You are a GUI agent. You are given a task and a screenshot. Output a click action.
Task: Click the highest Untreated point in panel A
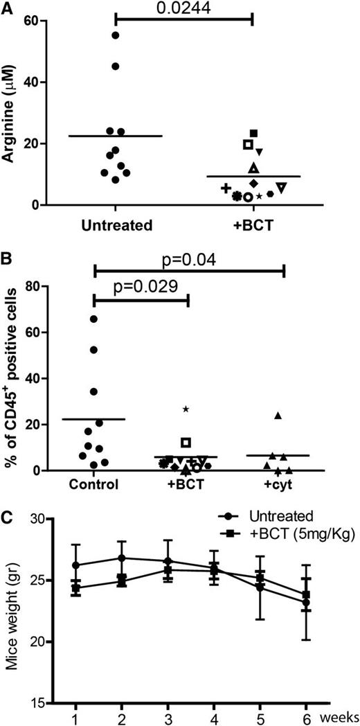click(x=115, y=35)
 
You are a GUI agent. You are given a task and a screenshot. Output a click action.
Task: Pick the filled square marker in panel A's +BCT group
click(x=254, y=133)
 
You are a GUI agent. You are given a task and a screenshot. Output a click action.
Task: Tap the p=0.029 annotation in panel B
click(x=140, y=287)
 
